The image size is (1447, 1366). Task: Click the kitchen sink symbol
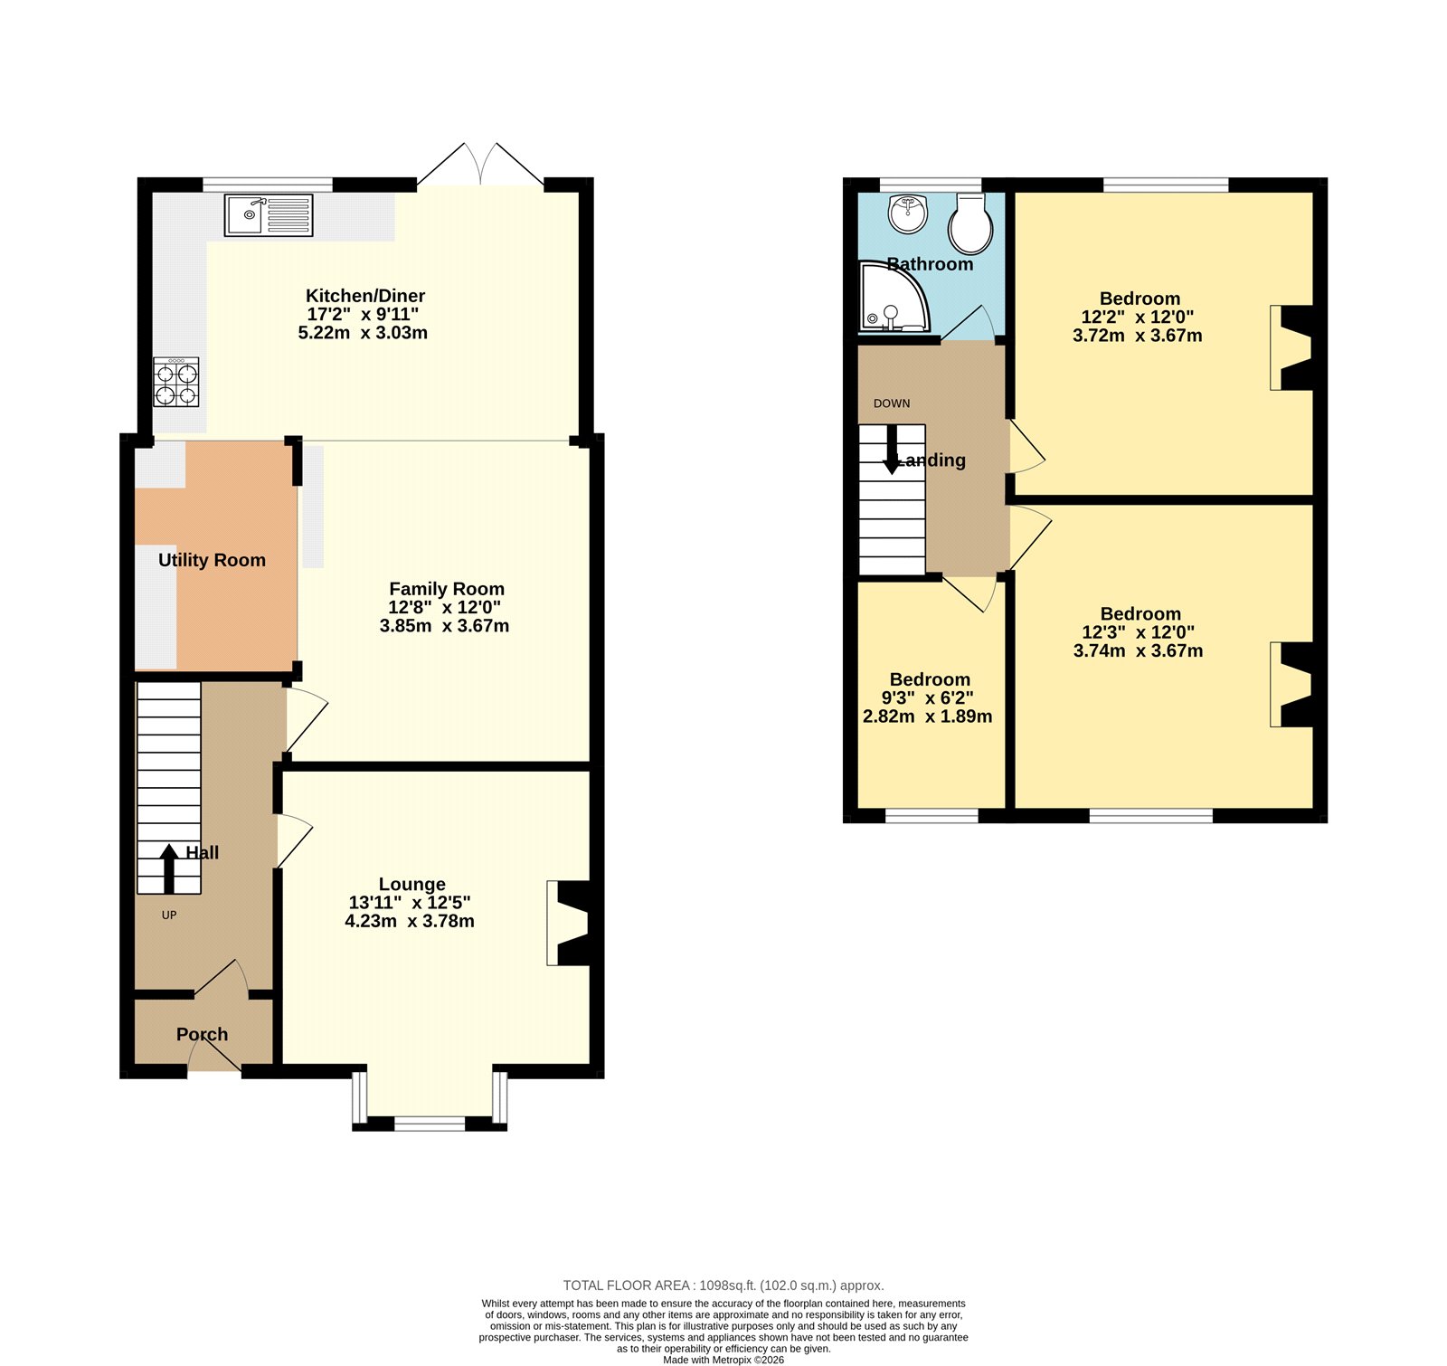pos(269,215)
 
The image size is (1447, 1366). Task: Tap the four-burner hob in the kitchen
pos(176,383)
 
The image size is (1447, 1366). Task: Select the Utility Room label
pos(212,560)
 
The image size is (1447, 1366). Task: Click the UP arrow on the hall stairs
pos(169,868)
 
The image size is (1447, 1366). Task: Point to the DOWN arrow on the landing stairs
pos(892,450)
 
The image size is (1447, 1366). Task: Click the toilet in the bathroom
pos(970,223)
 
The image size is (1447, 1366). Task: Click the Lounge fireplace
pos(570,924)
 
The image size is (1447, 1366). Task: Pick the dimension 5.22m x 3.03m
pos(363,333)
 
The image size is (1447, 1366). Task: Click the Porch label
pos(202,1034)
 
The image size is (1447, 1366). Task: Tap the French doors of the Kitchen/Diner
pos(480,166)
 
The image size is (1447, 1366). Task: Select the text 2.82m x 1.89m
pos(927,716)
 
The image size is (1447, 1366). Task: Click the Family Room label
pos(446,589)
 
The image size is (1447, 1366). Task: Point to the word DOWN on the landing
pos(892,403)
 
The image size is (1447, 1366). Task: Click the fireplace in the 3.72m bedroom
pos(1292,347)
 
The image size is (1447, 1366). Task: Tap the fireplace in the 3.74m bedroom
pos(1292,684)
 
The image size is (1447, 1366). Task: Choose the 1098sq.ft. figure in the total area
pos(727,1285)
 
